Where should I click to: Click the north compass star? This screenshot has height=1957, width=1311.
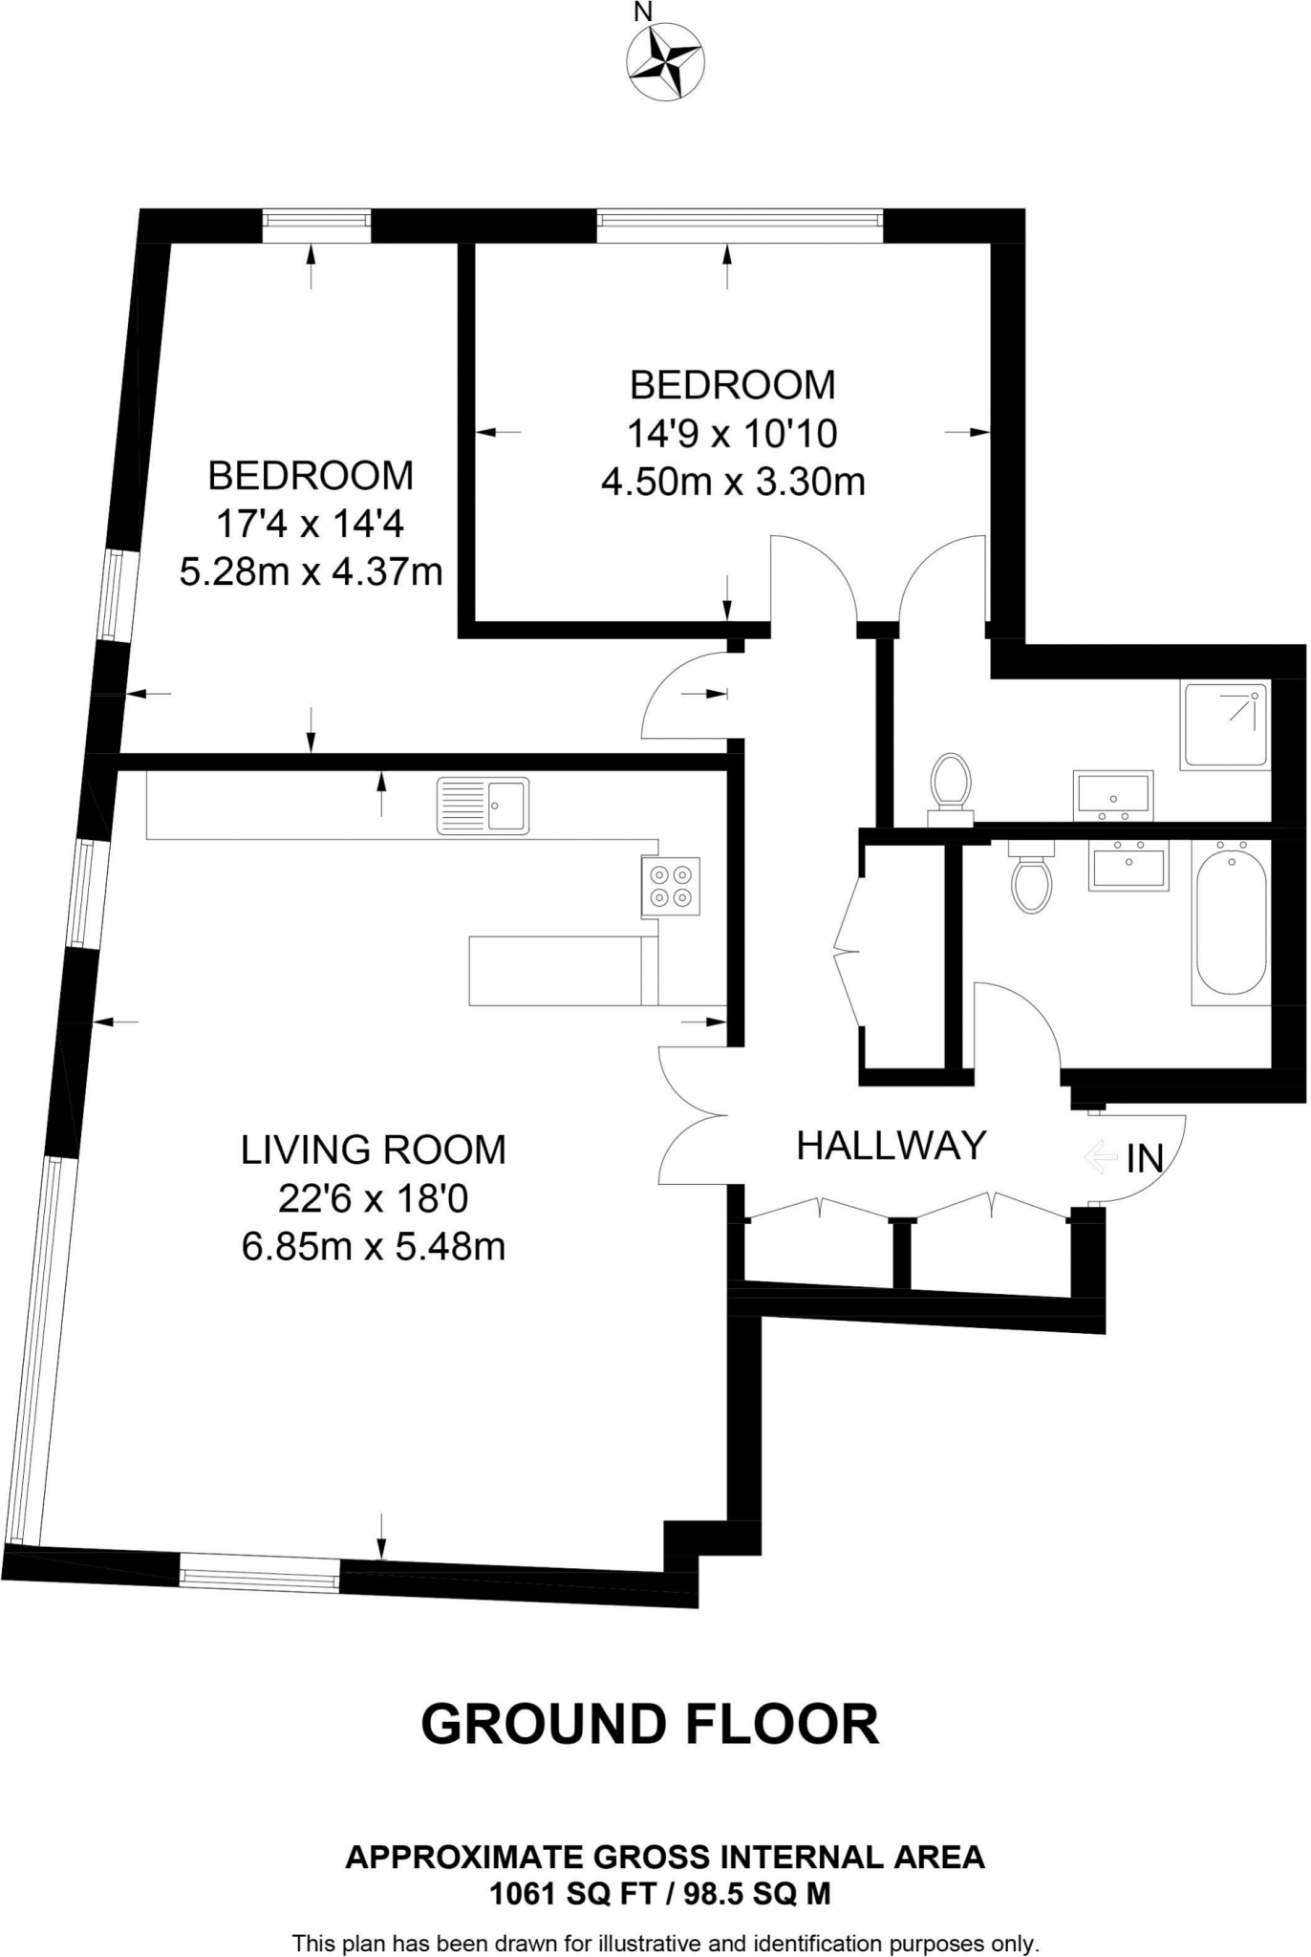667,59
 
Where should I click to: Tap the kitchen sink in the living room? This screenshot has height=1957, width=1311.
484,806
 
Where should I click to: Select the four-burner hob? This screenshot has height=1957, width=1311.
670,886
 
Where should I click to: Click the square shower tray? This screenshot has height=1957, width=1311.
1225,725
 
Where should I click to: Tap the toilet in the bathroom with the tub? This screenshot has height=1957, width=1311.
1032,880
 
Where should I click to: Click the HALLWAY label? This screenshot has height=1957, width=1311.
892,1145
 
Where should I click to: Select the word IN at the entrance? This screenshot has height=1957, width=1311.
1145,1158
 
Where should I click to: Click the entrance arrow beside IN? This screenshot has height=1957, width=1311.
1102,1157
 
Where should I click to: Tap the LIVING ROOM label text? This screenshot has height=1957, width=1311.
374,1150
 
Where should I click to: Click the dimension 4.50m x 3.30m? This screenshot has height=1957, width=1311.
733,481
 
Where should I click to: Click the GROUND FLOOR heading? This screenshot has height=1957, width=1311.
650,1725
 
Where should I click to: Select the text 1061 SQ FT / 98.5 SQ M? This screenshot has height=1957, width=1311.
660,1893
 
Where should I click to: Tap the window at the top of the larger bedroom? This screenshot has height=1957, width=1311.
317,222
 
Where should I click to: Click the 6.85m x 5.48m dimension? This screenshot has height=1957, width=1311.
374,1247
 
